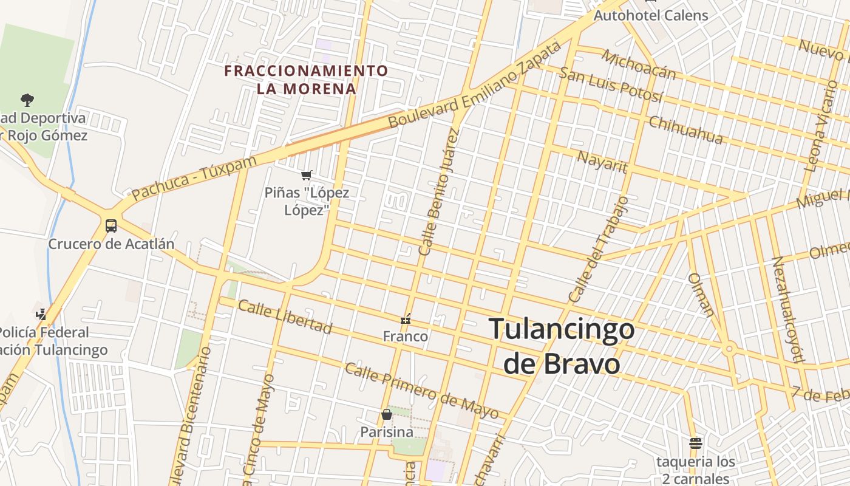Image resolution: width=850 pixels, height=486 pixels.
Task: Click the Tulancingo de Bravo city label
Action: pos(562,346)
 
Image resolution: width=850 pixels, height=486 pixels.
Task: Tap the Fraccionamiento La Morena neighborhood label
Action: pos(306,80)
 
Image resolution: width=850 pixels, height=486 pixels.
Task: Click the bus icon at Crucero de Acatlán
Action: pos(111,226)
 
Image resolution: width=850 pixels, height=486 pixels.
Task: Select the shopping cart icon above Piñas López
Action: pos(307,176)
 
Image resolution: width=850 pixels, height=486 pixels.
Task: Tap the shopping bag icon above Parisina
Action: pos(387,414)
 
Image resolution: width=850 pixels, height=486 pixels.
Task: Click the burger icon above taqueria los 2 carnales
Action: pos(696,443)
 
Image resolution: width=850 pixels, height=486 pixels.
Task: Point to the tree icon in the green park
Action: pos(27,100)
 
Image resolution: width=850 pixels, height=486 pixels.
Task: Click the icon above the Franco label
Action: pos(406,318)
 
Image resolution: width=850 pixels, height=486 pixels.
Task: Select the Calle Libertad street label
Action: pos(285,317)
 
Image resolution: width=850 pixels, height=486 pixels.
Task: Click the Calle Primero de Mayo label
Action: pos(421,391)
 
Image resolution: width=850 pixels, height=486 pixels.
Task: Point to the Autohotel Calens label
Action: pos(651,15)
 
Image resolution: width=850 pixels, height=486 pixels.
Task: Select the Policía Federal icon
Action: pos(41,314)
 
